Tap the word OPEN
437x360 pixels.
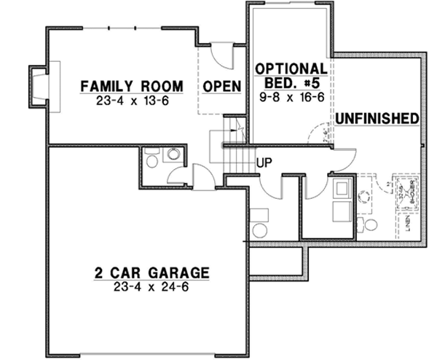point(221,87)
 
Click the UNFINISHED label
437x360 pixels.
point(377,118)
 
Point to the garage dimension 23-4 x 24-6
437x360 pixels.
point(151,287)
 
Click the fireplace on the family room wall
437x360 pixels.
point(41,81)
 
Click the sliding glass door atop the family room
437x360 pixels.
point(125,28)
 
